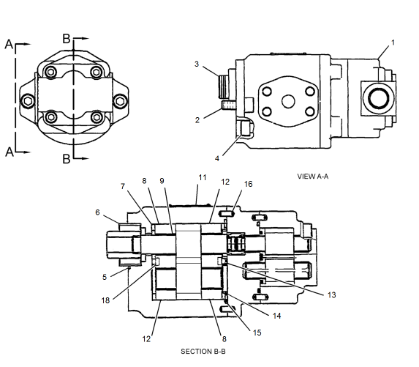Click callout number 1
(393, 42)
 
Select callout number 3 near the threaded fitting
(197, 64)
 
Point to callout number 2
(197, 119)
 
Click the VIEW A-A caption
(316, 177)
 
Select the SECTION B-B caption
(203, 352)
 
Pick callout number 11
(203, 178)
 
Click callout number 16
(249, 185)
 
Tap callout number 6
(97, 212)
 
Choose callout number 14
(277, 316)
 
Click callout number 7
(122, 187)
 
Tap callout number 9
(162, 181)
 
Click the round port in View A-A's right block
(377, 98)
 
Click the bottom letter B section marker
(66, 157)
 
